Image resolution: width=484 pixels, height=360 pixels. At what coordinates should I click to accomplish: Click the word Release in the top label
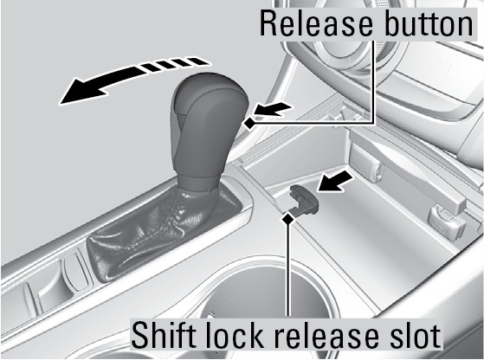(316, 24)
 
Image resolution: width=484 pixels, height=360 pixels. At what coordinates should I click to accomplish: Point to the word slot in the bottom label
(414, 335)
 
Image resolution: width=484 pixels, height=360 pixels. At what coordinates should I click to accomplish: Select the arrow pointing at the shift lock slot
(336, 182)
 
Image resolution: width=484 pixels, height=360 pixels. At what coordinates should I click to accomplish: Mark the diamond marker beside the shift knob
(250, 124)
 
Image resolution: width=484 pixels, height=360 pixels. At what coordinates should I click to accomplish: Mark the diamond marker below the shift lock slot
(288, 219)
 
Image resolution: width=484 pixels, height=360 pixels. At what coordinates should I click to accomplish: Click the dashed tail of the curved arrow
(173, 64)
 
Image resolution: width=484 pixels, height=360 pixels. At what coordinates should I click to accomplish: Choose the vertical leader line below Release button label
(374, 80)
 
